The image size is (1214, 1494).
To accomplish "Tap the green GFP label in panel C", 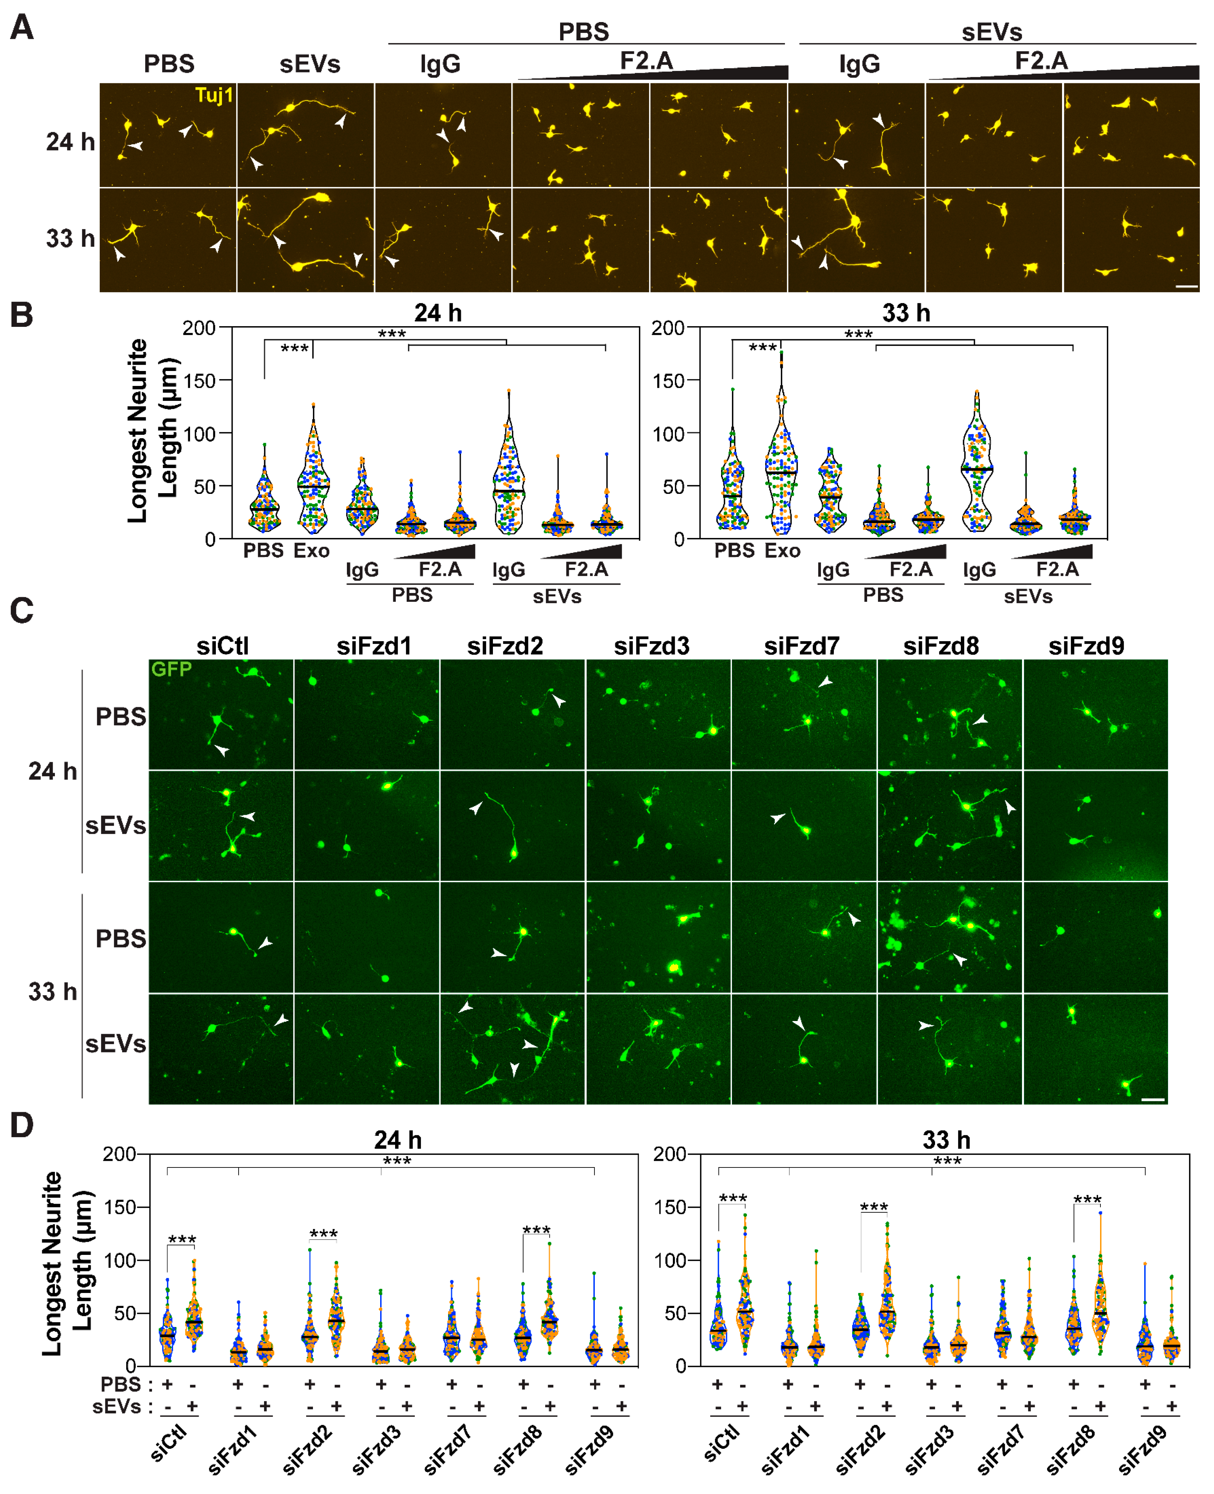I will click(171, 669).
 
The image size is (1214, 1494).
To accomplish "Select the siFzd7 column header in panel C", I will click(801, 646).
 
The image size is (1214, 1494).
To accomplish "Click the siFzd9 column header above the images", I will click(1086, 646).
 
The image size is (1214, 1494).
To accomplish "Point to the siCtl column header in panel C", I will click(223, 646).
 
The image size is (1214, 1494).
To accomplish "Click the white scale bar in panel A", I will click(1187, 286).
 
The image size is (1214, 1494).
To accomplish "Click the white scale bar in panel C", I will click(1152, 1099).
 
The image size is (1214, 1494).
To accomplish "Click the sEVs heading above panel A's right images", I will click(991, 32).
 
